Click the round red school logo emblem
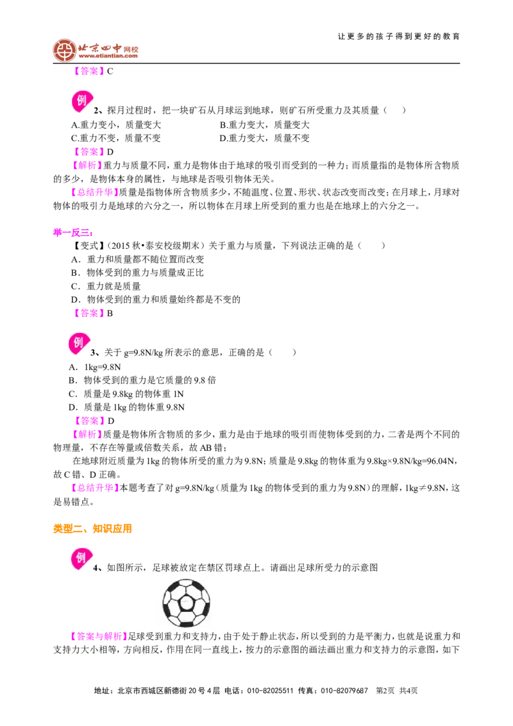(64, 51)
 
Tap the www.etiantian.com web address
(108, 56)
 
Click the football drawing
(187, 604)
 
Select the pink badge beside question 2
(82, 101)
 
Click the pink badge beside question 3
(79, 344)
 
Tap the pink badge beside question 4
(81, 559)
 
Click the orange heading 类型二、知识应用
(92, 528)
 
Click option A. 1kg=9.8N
(95, 367)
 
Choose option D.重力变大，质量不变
(264, 138)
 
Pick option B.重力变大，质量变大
(264, 124)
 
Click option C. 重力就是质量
(106, 286)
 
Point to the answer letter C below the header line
(110, 71)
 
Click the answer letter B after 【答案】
(110, 314)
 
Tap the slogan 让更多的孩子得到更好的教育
(399, 37)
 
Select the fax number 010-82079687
(344, 691)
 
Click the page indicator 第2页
(385, 691)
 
